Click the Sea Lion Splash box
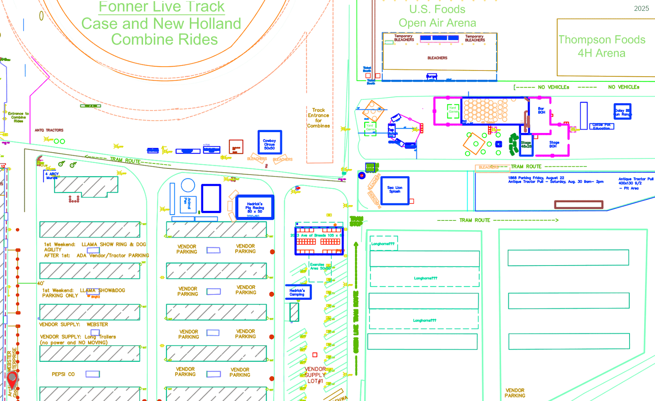tap(395, 190)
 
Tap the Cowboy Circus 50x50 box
tap(270, 143)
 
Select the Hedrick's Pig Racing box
tap(254, 207)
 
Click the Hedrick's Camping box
tap(298, 292)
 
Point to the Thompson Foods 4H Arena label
tap(602, 46)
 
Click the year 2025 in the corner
tap(641, 9)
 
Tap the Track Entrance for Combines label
tap(318, 118)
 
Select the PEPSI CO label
tap(63, 374)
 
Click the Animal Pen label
tap(188, 204)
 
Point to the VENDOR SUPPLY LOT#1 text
tap(315, 375)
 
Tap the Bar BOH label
tap(541, 110)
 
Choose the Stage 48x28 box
tap(526, 145)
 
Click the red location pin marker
tap(13, 380)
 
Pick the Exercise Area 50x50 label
tap(320, 266)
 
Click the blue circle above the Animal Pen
tap(188, 185)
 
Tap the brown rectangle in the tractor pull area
tap(578, 205)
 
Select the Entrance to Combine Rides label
tap(18, 117)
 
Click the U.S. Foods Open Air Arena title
tap(437, 16)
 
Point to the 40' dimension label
tap(40, 283)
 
